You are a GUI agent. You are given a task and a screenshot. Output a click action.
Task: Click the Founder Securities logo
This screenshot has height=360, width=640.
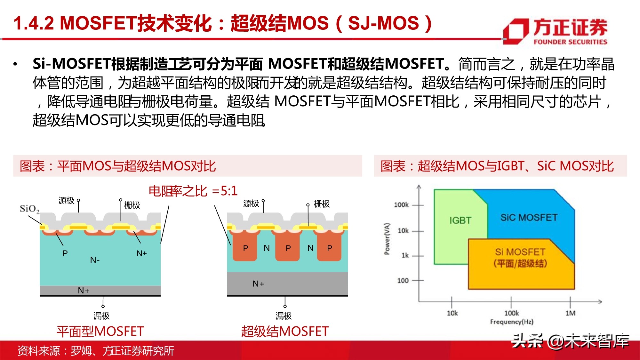pos(555,31)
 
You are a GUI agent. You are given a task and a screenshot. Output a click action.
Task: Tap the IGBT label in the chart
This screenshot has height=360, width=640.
pos(460,220)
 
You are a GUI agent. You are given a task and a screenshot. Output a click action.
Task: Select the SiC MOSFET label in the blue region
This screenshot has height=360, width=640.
pos(529,218)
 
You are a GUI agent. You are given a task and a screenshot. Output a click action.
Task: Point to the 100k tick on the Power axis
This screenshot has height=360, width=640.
pos(401,205)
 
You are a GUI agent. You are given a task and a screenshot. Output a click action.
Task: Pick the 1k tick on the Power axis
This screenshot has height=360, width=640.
pos(405,255)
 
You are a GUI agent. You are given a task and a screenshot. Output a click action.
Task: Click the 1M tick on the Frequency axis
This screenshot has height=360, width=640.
pos(570,313)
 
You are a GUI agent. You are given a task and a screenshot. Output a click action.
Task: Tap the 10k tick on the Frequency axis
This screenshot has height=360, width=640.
pos(452,313)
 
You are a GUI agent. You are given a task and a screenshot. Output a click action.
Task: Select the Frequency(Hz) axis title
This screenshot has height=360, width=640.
pos(511,322)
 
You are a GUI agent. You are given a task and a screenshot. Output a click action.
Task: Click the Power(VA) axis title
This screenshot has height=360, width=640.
pos(387,239)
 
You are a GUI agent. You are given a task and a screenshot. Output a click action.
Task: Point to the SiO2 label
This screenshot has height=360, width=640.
pos(29,209)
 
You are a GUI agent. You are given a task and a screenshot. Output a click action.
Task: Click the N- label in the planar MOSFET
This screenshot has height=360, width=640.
pos(95,260)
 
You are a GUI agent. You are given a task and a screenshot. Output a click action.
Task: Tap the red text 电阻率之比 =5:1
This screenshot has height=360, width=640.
pos(193,191)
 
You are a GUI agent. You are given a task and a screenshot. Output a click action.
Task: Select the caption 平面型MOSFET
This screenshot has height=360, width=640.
pos(100,331)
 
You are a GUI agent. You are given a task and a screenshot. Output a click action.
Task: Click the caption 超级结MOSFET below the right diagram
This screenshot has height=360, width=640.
pos(285,331)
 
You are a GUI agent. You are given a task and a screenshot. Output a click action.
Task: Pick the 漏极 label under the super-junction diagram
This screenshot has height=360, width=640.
pos(284,316)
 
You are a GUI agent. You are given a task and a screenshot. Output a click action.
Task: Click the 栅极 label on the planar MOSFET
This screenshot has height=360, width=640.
pos(132,205)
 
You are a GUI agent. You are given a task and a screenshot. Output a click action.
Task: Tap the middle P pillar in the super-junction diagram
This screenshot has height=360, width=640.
pos(288,248)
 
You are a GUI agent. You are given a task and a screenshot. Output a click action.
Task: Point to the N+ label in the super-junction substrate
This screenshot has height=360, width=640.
pos(258,284)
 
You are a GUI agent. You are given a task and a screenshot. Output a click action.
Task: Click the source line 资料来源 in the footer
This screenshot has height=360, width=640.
pos(95,351)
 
